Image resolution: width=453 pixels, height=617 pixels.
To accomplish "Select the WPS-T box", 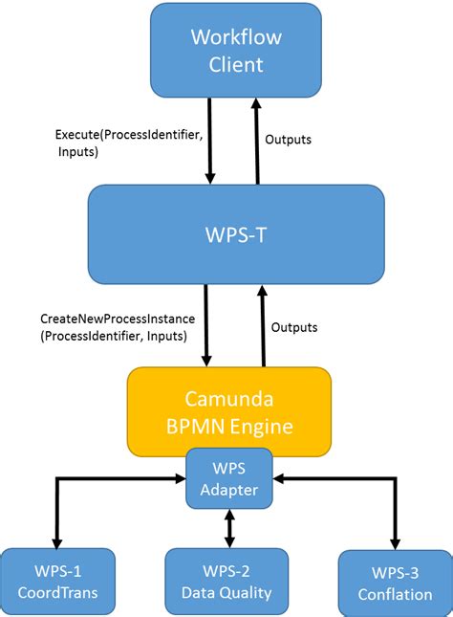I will coord(236,234).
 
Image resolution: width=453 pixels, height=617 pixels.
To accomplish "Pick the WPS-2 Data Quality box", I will coord(226,582).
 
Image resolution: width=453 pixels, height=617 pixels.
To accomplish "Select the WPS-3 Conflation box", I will coord(395,583).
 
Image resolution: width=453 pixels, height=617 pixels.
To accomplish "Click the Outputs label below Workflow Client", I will coord(288,140).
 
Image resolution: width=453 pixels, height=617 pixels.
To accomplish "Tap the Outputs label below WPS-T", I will coord(294,327).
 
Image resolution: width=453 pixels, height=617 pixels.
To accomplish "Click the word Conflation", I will coord(395,594).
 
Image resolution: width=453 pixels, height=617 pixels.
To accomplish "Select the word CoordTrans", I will coord(57,593).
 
